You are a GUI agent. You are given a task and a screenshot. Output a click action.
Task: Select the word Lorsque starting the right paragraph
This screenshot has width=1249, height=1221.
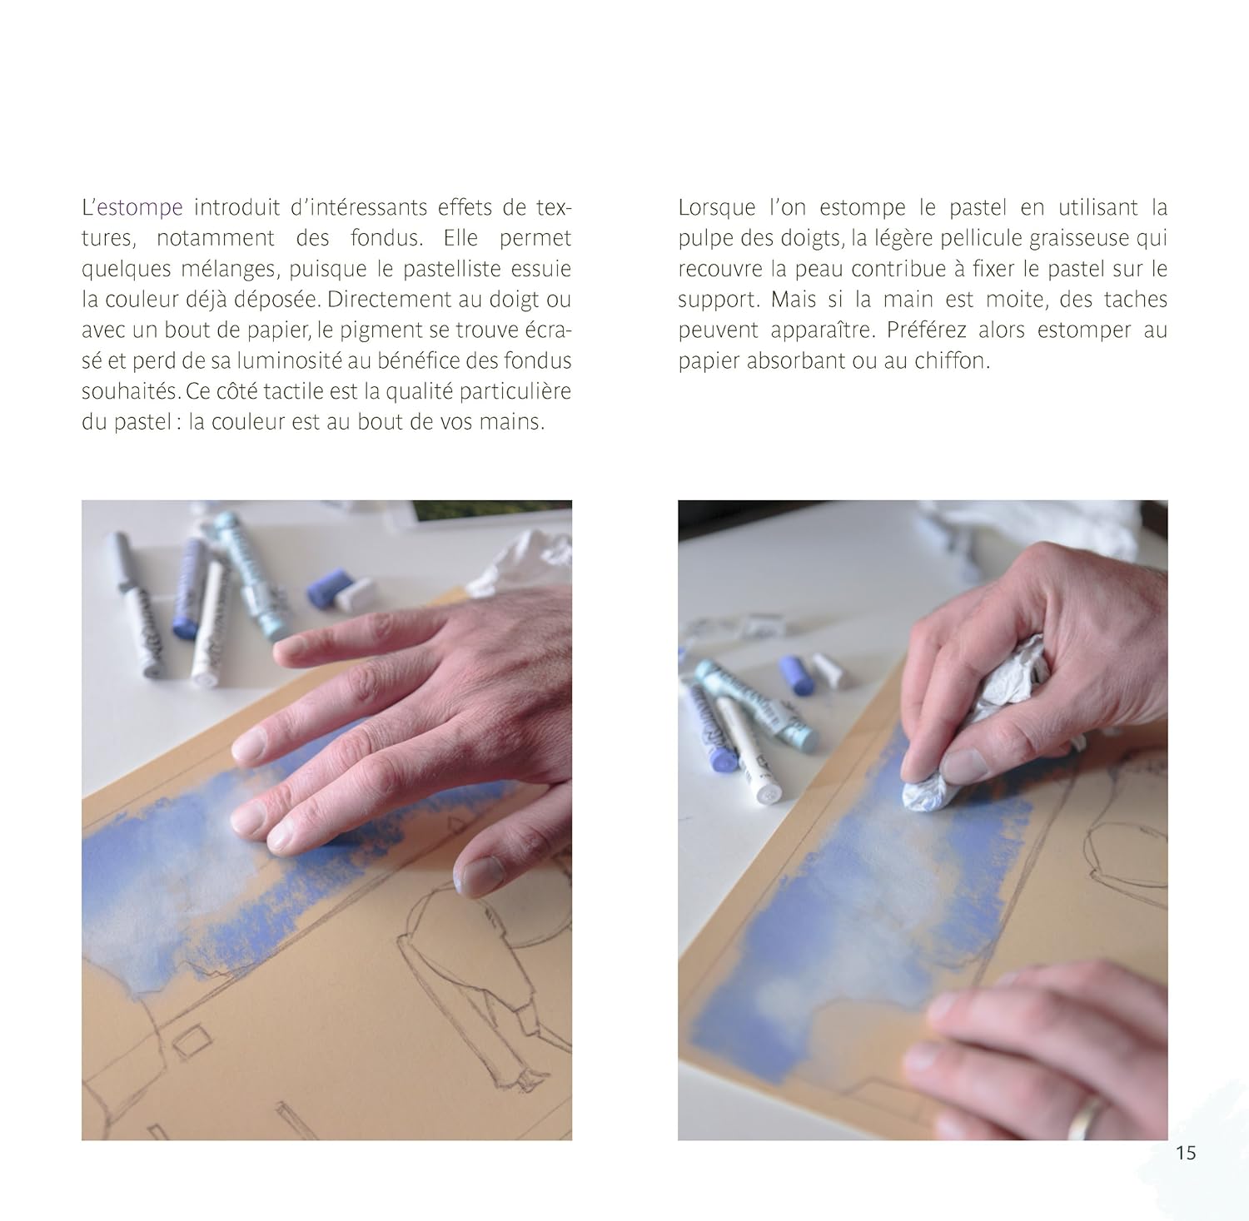click(x=717, y=208)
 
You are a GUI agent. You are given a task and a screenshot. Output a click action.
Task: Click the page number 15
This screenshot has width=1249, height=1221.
click(x=1186, y=1153)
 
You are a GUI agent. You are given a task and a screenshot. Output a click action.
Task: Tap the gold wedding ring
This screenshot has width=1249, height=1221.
click(x=1085, y=1115)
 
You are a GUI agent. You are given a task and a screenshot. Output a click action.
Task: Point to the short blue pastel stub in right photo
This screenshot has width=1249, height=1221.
click(x=798, y=673)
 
